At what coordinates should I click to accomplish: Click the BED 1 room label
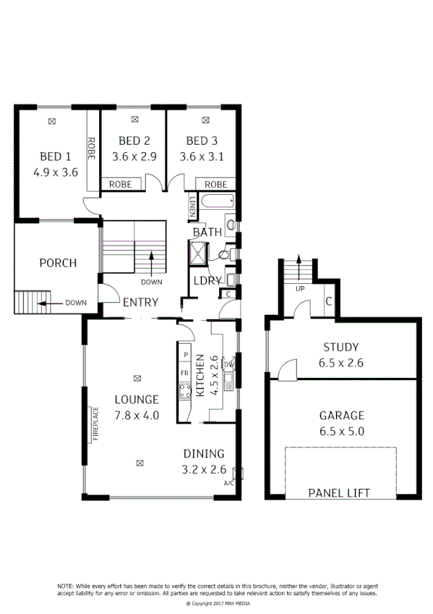click(x=55, y=156)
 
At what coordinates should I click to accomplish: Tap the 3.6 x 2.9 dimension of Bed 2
click(x=134, y=156)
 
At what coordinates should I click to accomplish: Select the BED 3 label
click(x=202, y=140)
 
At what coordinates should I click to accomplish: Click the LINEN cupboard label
click(x=192, y=206)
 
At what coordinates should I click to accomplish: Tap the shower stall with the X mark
click(x=197, y=253)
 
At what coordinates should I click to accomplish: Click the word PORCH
click(x=58, y=263)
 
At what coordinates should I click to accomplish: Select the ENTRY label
click(x=140, y=303)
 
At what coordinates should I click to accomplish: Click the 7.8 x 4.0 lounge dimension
click(x=137, y=416)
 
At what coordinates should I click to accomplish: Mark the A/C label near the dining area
click(x=228, y=482)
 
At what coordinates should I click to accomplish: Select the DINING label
click(x=203, y=453)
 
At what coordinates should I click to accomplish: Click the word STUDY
click(x=340, y=347)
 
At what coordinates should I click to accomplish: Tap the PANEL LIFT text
click(x=339, y=493)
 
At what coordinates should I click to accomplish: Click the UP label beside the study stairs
click(x=299, y=289)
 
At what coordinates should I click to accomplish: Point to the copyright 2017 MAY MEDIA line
click(x=217, y=602)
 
